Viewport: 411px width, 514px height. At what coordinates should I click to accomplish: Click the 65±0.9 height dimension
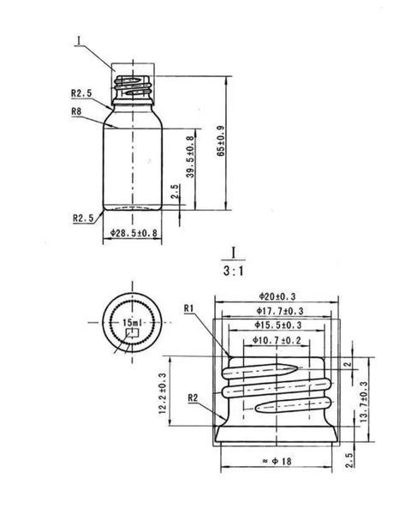221,141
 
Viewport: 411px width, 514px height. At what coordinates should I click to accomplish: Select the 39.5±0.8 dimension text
190,157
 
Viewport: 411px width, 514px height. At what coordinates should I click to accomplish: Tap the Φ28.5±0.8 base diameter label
134,233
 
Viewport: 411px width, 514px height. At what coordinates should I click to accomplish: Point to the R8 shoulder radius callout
76,111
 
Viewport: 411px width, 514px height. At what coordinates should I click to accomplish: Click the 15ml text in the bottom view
133,323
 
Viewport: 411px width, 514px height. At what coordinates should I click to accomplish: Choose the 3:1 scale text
234,271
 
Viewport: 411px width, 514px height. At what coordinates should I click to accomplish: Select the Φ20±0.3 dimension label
277,296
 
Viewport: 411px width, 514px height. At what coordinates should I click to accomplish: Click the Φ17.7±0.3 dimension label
280,311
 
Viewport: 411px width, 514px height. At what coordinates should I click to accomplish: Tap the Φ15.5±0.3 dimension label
278,326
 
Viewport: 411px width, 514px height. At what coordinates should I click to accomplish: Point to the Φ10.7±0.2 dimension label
277,340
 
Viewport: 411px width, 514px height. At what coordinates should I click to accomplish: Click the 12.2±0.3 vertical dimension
163,393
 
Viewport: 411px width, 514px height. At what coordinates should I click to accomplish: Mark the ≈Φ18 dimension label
277,461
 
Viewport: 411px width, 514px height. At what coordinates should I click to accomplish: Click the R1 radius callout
188,308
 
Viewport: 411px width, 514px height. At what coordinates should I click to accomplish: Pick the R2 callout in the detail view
193,398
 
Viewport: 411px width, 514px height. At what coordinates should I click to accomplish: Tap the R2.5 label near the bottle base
83,218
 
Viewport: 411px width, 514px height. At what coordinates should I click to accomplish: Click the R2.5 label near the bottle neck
81,93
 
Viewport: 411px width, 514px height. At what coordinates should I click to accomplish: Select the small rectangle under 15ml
133,332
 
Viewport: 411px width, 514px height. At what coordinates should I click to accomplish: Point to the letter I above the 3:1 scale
234,253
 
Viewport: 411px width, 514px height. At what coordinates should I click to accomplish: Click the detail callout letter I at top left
79,40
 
